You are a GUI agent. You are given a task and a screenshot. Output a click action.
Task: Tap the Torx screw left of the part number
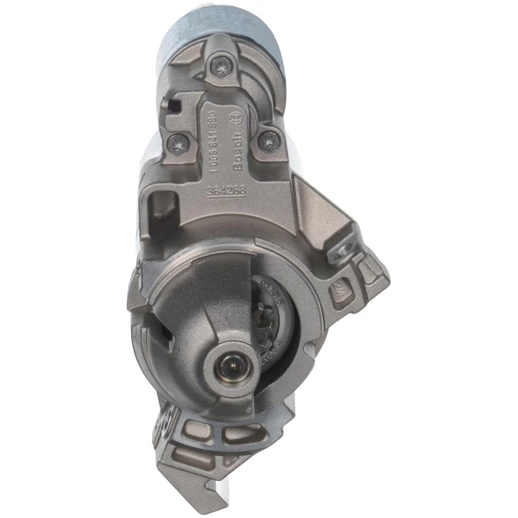click(179, 143)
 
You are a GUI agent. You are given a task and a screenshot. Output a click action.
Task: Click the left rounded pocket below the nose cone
click(170, 426)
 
